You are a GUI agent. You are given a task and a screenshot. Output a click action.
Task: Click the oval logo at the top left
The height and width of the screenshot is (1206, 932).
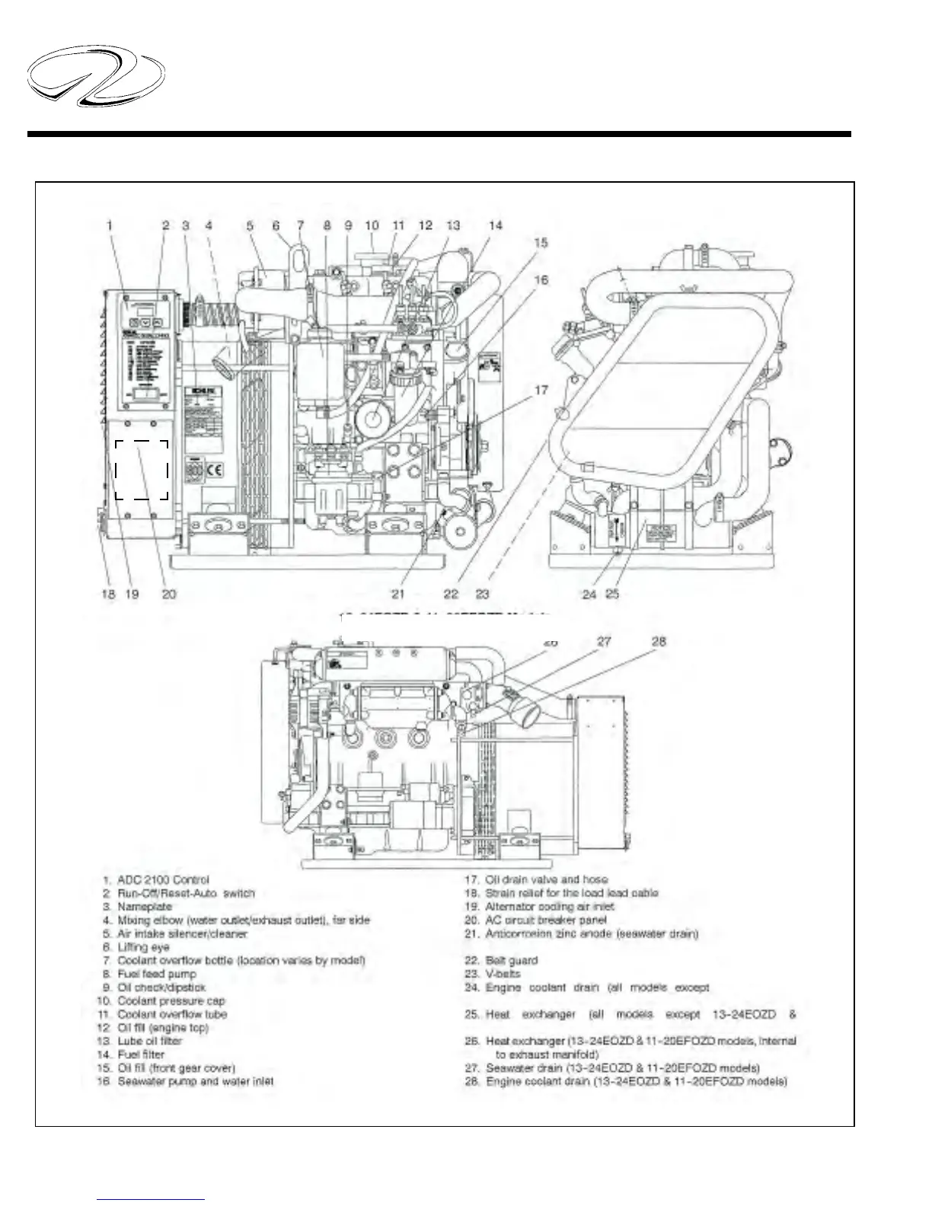pos(95,76)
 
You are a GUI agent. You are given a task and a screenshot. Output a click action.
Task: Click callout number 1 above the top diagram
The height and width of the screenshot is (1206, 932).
pos(110,225)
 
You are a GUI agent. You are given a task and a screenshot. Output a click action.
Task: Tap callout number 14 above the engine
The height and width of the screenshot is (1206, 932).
pos(495,225)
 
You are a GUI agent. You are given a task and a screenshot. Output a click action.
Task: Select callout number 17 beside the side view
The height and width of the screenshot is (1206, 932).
pos(541,391)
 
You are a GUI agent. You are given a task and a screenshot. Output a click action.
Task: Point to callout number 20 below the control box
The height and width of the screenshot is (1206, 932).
pos(168,594)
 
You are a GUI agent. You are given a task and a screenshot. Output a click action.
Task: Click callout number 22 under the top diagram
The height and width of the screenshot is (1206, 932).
pos(451,594)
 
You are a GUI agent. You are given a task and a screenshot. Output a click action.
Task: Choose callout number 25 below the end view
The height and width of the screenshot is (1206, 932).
pos(612,594)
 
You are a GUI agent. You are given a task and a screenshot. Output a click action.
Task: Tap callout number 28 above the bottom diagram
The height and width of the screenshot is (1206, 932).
pos(659,642)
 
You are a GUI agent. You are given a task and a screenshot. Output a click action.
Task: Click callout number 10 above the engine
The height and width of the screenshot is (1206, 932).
pos(372,225)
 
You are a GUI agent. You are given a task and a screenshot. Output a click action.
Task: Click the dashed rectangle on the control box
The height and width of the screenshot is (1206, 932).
pos(142,470)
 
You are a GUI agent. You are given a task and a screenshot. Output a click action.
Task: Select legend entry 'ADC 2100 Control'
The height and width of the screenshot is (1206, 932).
pos(163,879)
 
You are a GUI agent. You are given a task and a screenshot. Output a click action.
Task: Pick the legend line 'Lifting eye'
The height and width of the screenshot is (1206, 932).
pos(143,947)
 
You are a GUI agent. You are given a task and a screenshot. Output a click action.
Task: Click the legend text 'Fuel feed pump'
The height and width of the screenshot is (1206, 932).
pos(156,974)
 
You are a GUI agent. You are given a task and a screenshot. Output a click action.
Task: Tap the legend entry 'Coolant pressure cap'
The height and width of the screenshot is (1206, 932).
pos(171,1001)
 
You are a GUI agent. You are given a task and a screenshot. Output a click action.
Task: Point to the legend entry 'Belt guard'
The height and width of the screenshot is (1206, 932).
pos(511,961)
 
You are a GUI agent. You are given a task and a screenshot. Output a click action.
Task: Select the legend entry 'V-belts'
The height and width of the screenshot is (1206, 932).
pos(503,974)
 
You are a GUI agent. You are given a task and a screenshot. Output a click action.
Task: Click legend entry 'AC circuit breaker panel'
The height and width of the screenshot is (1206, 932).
pos(545,920)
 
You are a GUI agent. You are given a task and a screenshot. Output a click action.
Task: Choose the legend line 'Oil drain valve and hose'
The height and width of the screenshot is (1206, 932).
pos(546,879)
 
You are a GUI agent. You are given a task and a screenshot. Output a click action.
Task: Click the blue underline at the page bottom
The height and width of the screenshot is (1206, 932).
pos(151,1200)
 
